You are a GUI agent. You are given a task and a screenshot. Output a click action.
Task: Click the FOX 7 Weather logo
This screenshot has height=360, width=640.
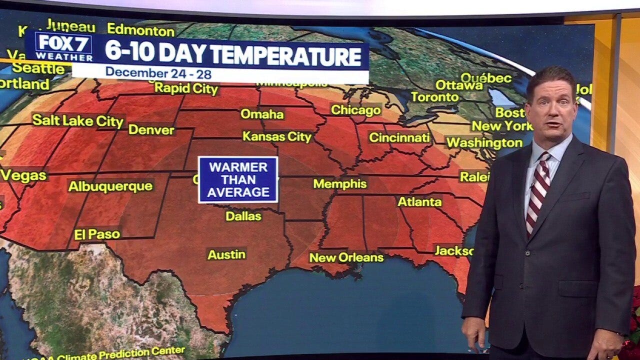point(63,47)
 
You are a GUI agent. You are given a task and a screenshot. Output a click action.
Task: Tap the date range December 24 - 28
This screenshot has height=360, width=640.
point(158,73)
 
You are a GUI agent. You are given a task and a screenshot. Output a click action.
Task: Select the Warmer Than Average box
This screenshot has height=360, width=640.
point(238,179)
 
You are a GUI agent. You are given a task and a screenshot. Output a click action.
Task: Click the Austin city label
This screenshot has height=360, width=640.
point(226,254)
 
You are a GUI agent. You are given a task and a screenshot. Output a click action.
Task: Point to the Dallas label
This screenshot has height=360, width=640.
point(243,216)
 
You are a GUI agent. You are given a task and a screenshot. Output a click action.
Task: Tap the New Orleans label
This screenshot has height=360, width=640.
point(346,257)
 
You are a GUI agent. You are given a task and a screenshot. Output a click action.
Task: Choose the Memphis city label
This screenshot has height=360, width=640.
point(340,184)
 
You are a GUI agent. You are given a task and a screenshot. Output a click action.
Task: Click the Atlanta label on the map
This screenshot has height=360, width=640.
point(419,202)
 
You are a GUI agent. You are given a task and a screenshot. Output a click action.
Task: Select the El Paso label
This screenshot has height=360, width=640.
point(97,234)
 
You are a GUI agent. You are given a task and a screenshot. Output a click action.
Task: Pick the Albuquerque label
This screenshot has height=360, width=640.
point(110,186)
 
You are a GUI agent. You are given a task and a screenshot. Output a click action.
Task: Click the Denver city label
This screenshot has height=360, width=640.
point(151,130)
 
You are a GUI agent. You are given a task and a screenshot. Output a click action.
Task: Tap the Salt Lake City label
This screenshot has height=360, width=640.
point(78,120)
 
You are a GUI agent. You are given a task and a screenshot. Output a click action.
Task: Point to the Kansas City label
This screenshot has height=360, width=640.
point(277,136)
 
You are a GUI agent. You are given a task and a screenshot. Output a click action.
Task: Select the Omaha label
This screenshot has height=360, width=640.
point(262,114)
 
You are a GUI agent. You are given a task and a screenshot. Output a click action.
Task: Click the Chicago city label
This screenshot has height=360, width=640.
point(356,109)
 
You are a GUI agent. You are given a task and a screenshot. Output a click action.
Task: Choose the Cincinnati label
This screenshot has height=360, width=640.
point(399,137)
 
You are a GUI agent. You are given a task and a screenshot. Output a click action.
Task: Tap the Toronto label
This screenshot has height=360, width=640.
point(435,97)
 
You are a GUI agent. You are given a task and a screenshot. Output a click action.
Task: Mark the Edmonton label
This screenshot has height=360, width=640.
point(141,30)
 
